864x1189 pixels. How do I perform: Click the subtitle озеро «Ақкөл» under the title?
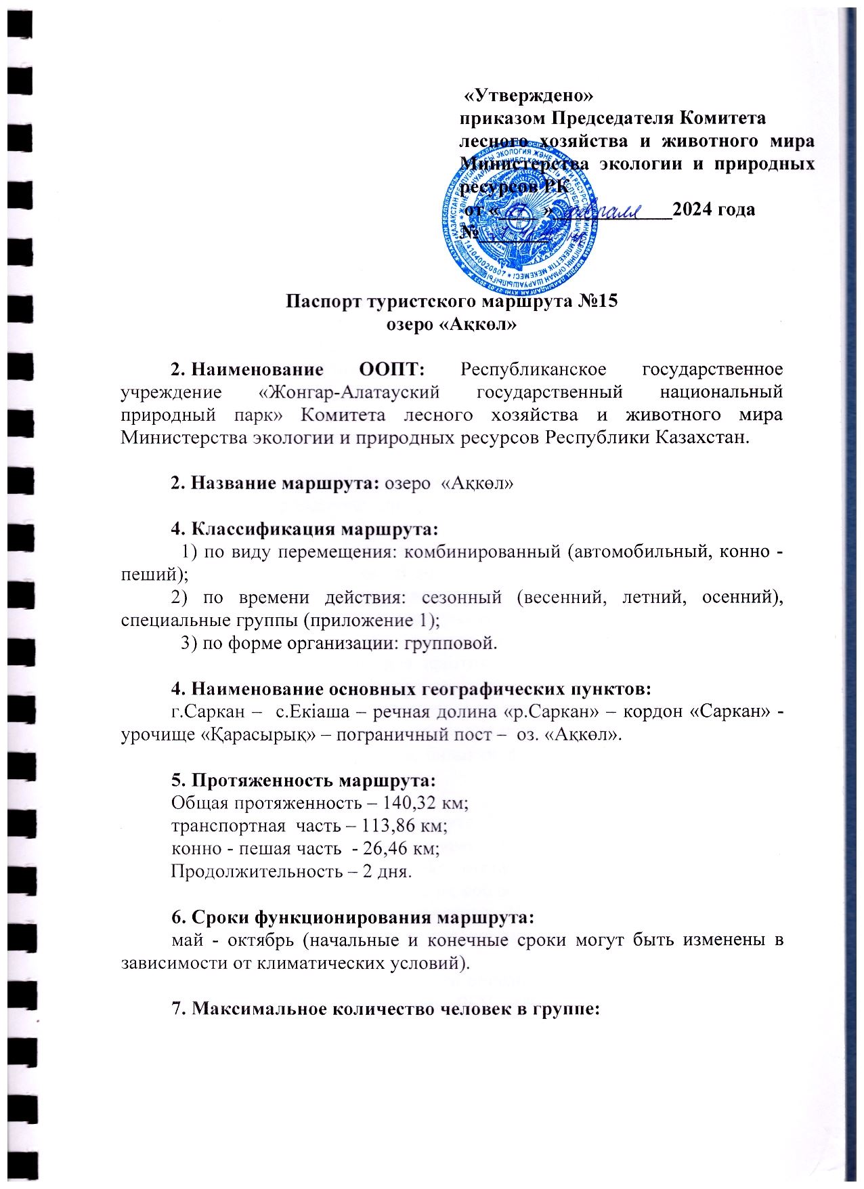click(451, 324)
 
